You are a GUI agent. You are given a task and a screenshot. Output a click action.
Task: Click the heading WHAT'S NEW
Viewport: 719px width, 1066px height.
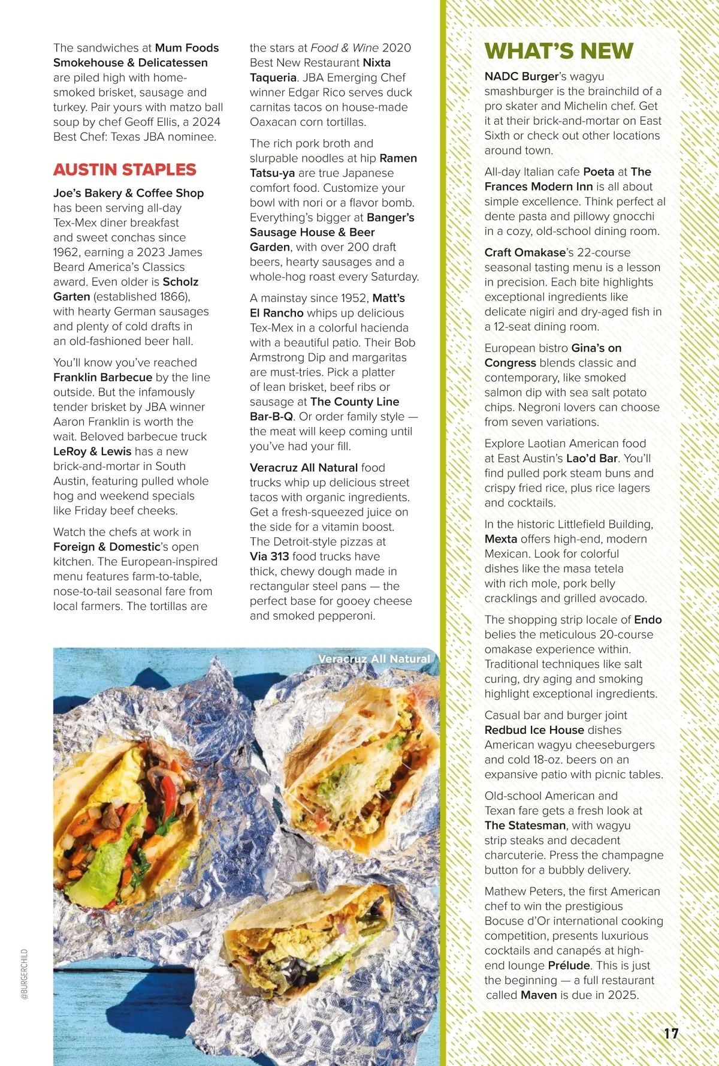click(558, 51)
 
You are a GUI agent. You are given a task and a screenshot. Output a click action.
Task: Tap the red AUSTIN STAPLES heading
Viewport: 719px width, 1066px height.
click(125, 170)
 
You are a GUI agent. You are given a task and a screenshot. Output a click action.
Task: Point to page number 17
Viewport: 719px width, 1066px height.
click(671, 1034)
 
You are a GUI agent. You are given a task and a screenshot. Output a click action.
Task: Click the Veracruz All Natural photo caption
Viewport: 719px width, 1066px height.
click(374, 659)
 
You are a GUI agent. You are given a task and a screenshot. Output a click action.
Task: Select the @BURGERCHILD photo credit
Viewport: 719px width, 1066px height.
click(25, 974)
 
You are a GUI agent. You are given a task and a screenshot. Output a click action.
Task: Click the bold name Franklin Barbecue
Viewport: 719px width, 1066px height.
click(102, 378)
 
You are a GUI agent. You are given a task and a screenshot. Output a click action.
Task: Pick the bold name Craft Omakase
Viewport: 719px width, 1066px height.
click(525, 252)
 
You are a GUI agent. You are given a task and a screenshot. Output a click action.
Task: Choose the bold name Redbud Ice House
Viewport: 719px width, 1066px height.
click(534, 730)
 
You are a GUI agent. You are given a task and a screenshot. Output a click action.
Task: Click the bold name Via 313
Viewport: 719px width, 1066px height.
click(269, 557)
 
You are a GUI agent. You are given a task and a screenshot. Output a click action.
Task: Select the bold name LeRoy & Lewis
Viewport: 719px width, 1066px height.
click(92, 451)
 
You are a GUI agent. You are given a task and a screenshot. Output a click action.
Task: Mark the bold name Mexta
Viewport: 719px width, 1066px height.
click(500, 539)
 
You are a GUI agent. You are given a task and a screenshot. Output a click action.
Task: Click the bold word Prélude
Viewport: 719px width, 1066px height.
click(569, 965)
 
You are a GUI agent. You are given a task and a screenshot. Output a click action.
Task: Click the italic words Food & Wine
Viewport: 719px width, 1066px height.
click(345, 48)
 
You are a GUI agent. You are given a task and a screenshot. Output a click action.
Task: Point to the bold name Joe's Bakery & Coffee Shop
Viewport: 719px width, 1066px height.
click(128, 193)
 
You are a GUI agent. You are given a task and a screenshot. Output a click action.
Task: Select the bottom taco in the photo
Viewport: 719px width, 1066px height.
click(312, 953)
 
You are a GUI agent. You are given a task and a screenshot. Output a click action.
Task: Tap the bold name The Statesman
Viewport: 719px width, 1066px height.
click(524, 826)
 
